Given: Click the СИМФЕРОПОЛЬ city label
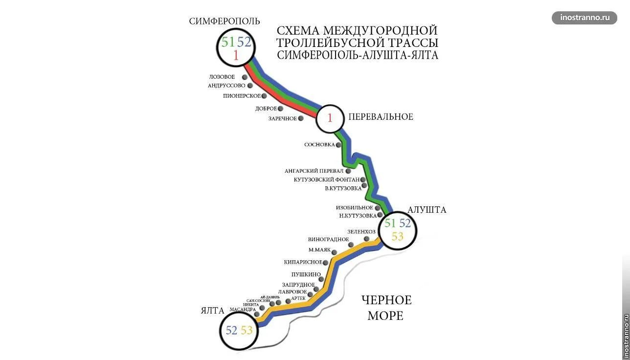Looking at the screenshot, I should (225, 21).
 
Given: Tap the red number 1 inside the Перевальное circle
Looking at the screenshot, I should (330, 118).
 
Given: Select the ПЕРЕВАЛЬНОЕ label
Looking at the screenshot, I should (381, 117).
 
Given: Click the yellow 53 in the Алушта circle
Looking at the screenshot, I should (398, 237).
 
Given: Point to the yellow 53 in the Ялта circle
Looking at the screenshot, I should (247, 331).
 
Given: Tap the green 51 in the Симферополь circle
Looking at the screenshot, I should (228, 42).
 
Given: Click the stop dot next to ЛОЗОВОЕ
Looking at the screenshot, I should (245, 77).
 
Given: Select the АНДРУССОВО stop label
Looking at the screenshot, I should (226, 86).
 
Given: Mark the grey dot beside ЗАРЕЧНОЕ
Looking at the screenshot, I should (301, 118).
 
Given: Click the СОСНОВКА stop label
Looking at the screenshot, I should (319, 145).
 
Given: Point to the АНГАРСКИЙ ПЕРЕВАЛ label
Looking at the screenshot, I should (314, 171).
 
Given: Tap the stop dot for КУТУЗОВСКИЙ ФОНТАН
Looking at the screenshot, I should (363, 180).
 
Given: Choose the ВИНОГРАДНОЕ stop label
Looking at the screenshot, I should (328, 240).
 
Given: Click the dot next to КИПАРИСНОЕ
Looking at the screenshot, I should (326, 263).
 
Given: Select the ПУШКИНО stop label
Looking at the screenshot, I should (306, 274).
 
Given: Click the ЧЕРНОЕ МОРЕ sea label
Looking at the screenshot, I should (386, 308).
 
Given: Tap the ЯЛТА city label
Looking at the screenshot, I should (212, 311).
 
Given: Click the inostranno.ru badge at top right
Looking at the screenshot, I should (585, 18).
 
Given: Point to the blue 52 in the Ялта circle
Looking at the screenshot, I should (231, 331).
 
